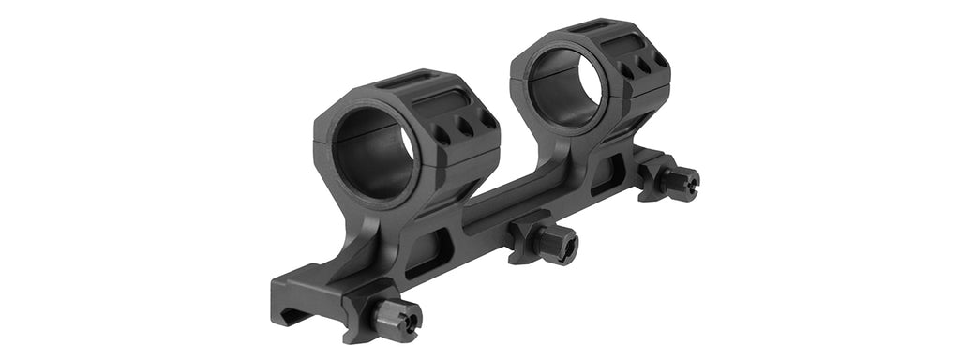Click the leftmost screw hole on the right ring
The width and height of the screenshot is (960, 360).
tap(625, 70)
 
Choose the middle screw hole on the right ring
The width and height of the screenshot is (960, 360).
tap(644, 64)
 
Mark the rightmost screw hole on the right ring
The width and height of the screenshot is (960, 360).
tap(660, 58)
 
